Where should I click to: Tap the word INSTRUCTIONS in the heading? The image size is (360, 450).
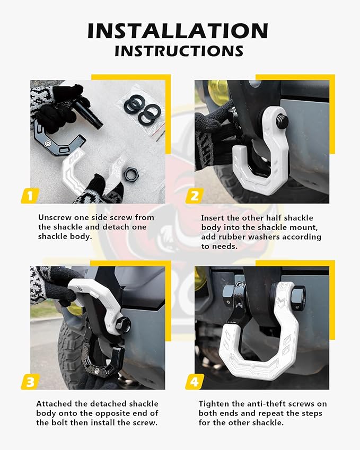(x=179, y=51)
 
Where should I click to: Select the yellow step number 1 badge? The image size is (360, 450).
(x=30, y=196)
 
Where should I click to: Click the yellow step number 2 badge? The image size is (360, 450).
(x=194, y=196)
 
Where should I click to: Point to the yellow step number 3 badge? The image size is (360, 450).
(x=30, y=382)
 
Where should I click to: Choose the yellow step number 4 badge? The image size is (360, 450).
(x=194, y=382)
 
